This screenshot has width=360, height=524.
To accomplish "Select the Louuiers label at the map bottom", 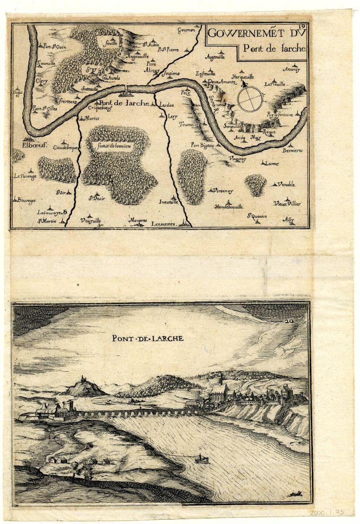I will (164, 224).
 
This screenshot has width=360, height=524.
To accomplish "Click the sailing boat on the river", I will (201, 458).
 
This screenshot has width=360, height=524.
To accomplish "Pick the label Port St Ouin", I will (51, 46).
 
